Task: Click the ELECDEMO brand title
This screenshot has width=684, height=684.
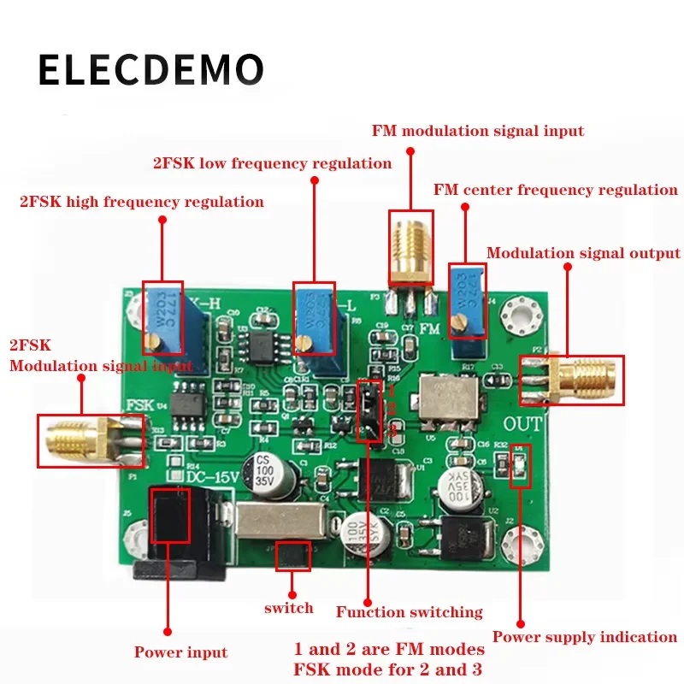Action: (x=150, y=69)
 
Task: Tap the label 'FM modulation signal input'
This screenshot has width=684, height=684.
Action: (x=478, y=131)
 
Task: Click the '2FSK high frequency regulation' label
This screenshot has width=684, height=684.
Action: (x=142, y=202)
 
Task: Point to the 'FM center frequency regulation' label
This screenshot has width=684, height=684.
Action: (x=556, y=190)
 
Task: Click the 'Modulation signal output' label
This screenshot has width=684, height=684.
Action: (x=583, y=253)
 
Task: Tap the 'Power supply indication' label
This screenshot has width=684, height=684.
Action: (x=585, y=637)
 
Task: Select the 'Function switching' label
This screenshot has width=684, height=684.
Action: (x=409, y=612)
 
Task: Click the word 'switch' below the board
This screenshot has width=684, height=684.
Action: (x=288, y=608)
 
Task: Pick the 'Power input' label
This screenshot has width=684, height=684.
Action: (x=180, y=652)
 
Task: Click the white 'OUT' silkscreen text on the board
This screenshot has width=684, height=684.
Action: (x=523, y=422)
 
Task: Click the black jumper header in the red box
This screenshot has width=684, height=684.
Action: (x=369, y=410)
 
